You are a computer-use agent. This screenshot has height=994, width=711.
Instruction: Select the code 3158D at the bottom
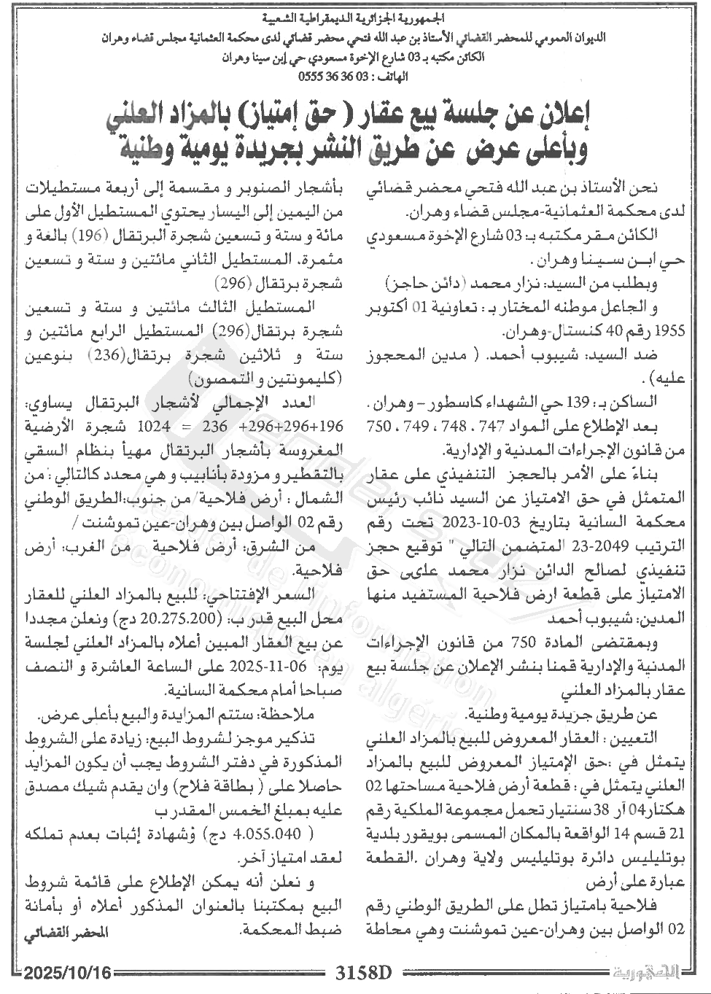[362, 973]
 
